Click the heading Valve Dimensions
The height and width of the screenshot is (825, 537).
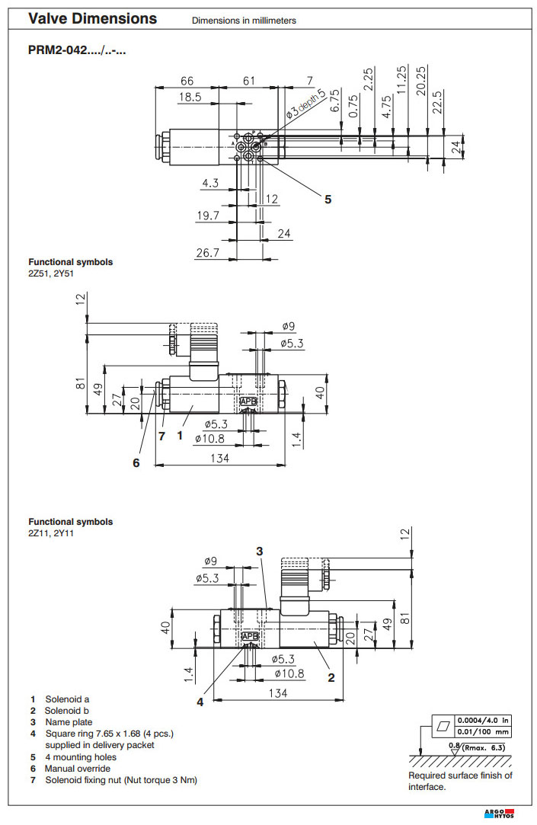pos(93,19)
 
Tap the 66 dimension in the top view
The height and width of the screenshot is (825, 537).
pos(187,81)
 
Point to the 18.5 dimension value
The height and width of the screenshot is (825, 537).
pos(190,98)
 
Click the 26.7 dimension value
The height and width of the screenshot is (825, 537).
pos(207,252)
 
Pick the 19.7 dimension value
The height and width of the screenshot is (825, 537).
pos(207,216)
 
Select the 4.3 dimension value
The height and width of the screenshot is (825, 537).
pos(210,183)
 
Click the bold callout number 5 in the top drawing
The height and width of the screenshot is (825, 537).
pos(328,200)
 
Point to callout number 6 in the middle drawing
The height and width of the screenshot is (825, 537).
pos(136,462)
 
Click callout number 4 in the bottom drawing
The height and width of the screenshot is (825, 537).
pos(200,702)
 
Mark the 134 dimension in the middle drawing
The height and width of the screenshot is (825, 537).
pos(220,458)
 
